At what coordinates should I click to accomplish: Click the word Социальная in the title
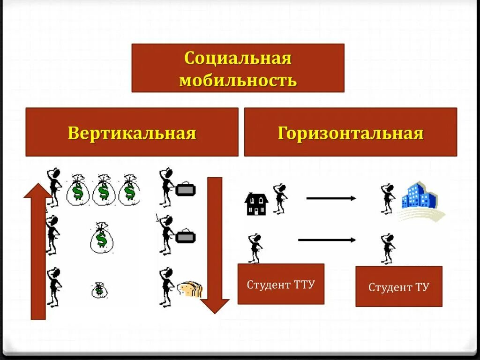pyautogui.click(x=238, y=59)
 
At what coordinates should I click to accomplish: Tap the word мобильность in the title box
pyautogui.click(x=238, y=80)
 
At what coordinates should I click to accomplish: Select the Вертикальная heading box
pyautogui.click(x=132, y=133)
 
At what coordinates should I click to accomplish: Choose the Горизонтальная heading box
pyautogui.click(x=350, y=133)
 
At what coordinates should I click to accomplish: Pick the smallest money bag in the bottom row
pyautogui.click(x=99, y=290)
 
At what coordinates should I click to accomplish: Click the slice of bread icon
pyautogui.click(x=190, y=289)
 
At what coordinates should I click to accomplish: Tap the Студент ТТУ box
pyautogui.click(x=281, y=284)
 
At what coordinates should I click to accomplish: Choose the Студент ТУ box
pyautogui.click(x=398, y=286)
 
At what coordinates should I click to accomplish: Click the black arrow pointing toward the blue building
pyautogui.click(x=331, y=198)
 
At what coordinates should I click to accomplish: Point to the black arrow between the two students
pyautogui.click(x=327, y=240)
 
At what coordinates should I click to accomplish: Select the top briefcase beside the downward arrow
pyautogui.click(x=185, y=190)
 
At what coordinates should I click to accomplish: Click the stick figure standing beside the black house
pyautogui.click(x=280, y=198)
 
